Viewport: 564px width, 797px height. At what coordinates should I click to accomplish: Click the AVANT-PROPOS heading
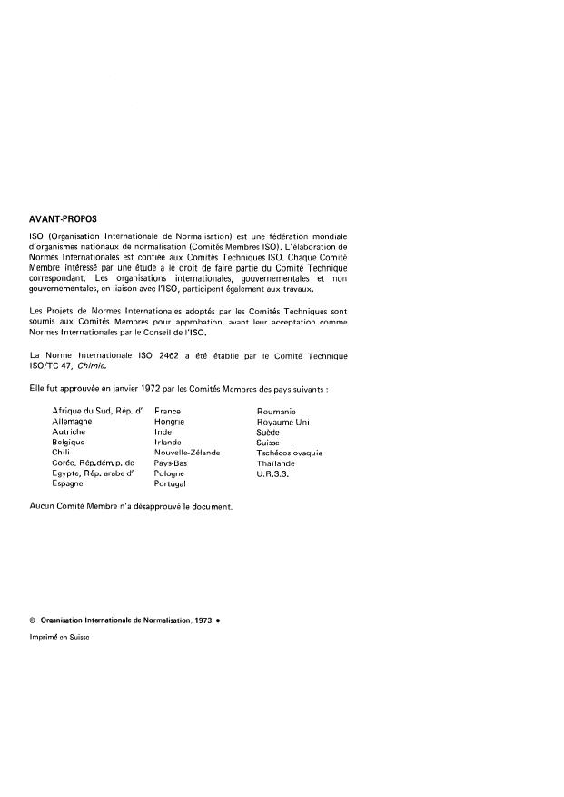click(x=63, y=219)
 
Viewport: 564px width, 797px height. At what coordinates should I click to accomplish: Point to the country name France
click(x=168, y=412)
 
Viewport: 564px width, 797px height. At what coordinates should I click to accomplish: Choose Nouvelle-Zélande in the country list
click(x=187, y=453)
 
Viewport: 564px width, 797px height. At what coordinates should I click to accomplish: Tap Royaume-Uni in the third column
click(x=284, y=423)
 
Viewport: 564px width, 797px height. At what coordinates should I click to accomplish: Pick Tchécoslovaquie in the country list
click(x=290, y=453)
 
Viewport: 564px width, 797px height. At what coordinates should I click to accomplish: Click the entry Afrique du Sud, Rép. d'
click(x=98, y=412)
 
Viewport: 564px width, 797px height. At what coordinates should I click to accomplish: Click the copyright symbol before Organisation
click(x=33, y=618)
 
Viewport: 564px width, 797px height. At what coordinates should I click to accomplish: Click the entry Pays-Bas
click(x=171, y=463)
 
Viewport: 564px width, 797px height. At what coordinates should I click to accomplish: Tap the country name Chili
click(x=62, y=453)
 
